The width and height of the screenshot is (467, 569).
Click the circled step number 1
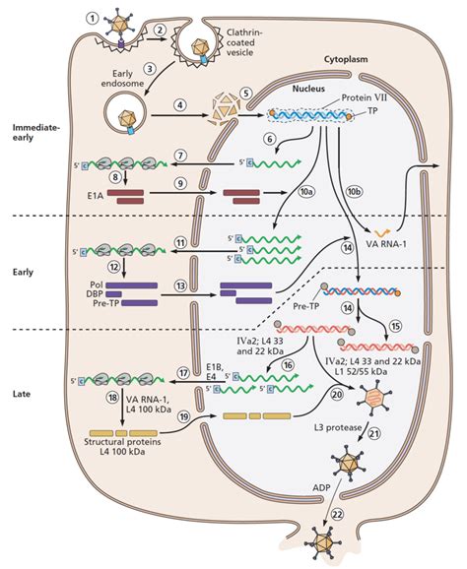[x=92, y=17]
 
